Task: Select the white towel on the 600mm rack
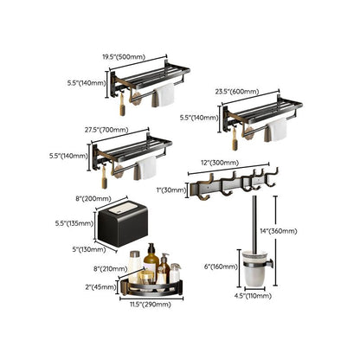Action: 276,129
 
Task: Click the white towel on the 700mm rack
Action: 149,168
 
